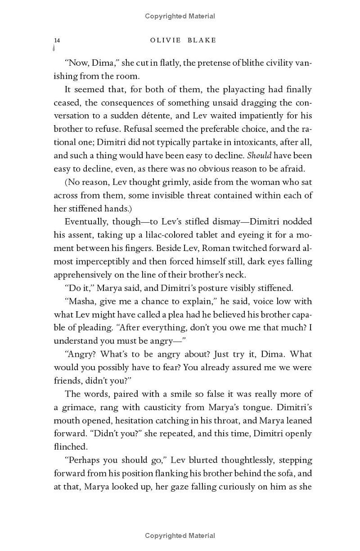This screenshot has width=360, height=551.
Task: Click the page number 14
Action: click(57, 40)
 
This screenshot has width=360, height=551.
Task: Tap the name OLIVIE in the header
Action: click(165, 40)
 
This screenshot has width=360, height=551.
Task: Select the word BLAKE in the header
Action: click(201, 40)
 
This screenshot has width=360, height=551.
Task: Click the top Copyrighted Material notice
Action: click(180, 16)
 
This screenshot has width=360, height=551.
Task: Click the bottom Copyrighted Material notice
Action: click(180, 536)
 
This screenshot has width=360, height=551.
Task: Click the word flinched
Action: click(70, 447)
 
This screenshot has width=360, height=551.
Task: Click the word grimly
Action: click(164, 182)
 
